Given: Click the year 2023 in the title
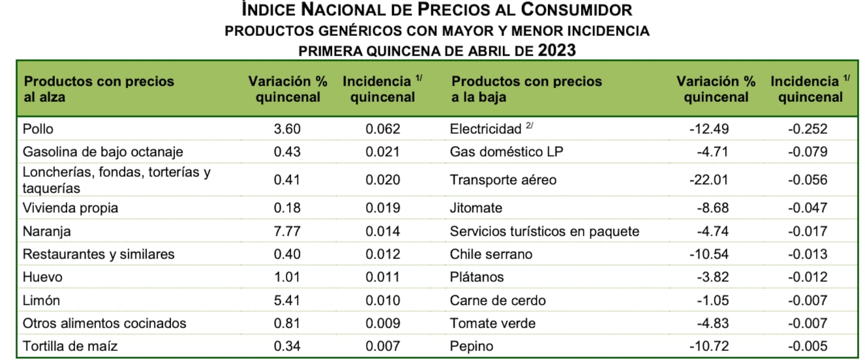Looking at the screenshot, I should [557, 50].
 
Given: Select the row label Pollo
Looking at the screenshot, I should [38, 128].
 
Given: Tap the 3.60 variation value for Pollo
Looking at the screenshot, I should [288, 128].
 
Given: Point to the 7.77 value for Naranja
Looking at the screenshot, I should [288, 231].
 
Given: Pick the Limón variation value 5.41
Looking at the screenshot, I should [288, 300].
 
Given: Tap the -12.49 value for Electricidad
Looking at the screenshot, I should [709, 128].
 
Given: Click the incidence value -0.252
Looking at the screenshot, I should [808, 128].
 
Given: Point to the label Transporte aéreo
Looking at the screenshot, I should [503, 179].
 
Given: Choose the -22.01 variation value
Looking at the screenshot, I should [709, 179].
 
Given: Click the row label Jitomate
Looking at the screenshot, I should [476, 208].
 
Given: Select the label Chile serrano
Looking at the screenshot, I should [491, 254].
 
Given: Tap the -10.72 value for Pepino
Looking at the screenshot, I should [709, 346].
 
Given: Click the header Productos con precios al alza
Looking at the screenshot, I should [99, 89].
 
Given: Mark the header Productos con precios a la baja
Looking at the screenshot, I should [526, 89].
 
